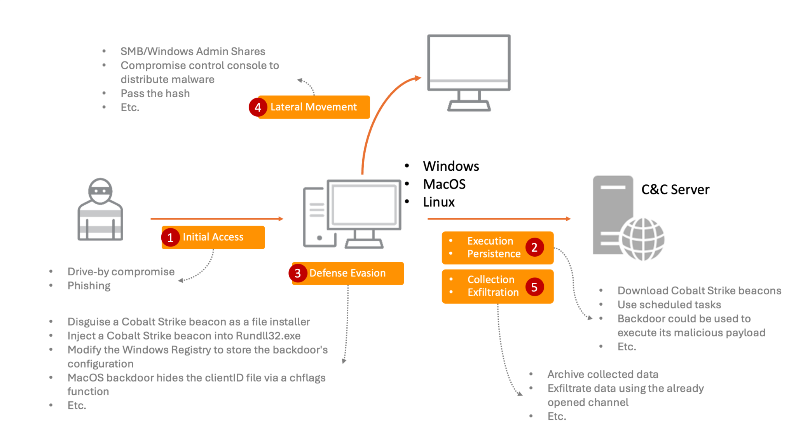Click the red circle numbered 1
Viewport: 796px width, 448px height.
170,238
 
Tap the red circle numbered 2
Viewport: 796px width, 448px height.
534,247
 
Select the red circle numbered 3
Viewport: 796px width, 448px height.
298,273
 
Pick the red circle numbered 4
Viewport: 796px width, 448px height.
258,107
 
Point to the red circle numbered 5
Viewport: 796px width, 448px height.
534,287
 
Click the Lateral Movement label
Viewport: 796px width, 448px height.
314,107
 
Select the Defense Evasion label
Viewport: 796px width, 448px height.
347,273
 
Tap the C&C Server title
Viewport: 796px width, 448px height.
675,189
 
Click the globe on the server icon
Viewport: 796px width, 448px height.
643,239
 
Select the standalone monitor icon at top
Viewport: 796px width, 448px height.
469,72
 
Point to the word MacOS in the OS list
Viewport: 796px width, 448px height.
444,184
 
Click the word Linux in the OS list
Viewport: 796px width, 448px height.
439,202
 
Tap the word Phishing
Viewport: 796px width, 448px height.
89,285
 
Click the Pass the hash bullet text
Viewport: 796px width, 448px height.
155,93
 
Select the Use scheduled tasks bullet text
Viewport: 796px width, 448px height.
669,304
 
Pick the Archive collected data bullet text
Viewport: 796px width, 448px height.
602,374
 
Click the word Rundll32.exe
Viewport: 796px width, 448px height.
268,336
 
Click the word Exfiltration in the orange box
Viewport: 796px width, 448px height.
493,292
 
